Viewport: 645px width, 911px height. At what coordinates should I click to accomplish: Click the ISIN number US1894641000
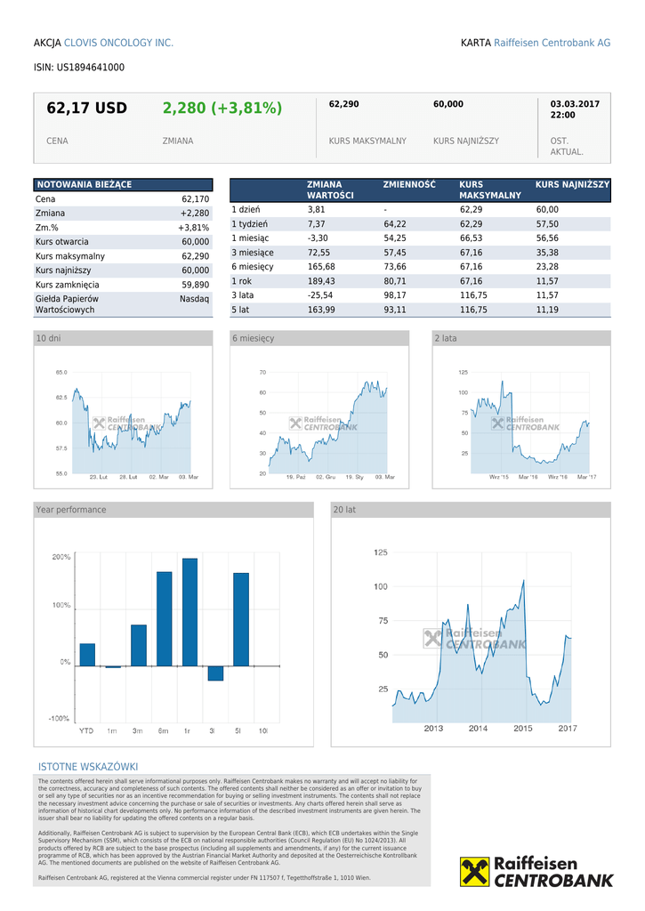coord(90,67)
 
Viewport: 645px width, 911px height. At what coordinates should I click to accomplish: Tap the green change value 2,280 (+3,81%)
coord(222,109)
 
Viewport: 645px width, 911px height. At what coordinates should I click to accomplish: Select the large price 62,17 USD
coord(87,109)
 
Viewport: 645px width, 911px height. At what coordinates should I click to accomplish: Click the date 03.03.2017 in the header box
coord(575,104)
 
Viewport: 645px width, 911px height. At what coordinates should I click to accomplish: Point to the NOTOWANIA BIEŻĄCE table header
coord(84,184)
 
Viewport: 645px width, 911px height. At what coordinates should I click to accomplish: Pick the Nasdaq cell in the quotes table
coord(194,299)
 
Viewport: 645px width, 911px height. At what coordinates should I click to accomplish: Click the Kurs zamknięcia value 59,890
coord(195,285)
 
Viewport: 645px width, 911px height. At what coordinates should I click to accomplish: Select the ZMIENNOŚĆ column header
coord(409,184)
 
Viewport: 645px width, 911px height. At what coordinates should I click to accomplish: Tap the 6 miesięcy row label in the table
coord(253,267)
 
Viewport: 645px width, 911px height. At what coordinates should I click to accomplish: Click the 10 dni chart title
coord(49,338)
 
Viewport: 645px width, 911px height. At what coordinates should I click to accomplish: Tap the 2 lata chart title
coord(446,338)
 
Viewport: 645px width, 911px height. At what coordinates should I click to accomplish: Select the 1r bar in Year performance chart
coord(189,611)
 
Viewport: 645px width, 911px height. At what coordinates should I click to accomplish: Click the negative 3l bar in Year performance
coord(215,673)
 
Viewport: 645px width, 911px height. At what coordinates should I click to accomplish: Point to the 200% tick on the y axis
coord(61,558)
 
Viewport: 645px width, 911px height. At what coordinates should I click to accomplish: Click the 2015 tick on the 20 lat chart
coord(523,729)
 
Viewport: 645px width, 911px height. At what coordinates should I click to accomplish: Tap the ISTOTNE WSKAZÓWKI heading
coord(88,767)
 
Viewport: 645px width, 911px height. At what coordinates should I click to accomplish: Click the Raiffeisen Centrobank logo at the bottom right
coord(536,871)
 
